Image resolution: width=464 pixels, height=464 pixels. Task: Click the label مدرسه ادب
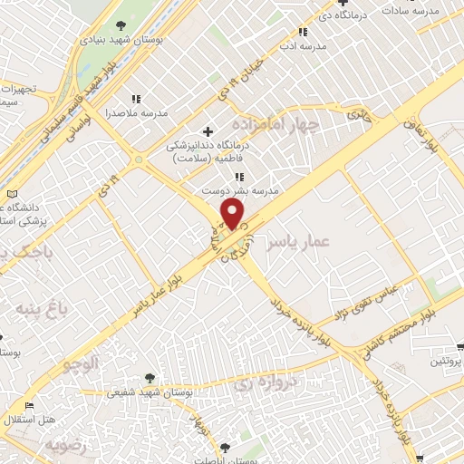[x=301, y=45]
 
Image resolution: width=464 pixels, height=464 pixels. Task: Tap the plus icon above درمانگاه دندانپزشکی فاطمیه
[x=208, y=131]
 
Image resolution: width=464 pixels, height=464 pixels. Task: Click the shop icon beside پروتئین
[x=459, y=346]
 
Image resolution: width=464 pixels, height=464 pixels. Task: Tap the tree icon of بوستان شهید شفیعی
[x=150, y=378]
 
